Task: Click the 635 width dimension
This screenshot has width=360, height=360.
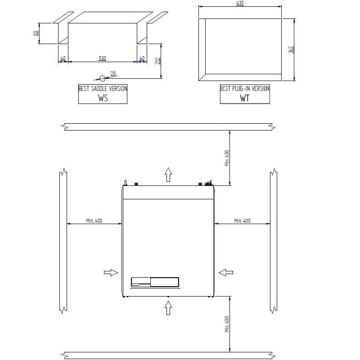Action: coord(240,4)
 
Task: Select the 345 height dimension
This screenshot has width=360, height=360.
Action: coord(291,49)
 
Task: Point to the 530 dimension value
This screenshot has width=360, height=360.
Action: coord(103,58)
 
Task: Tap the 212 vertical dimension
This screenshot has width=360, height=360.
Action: coord(158,61)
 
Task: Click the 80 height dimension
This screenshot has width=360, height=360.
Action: coord(36,33)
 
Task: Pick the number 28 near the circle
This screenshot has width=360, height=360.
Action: coord(113,73)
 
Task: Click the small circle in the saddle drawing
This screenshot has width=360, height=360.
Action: coord(103,78)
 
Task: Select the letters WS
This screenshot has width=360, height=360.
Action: coord(103,98)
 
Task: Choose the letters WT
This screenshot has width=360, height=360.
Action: coord(245,98)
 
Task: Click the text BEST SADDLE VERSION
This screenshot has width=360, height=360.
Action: coord(103,88)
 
